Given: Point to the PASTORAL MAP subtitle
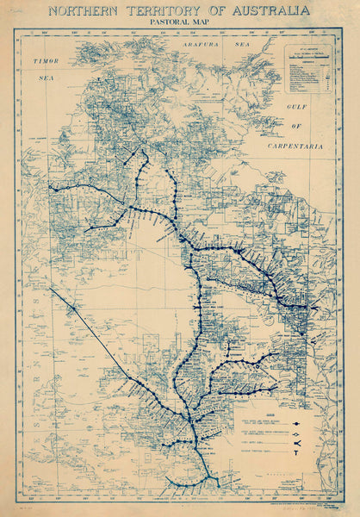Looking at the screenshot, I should pyautogui.click(x=179, y=26).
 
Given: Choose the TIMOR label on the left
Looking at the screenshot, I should pyautogui.click(x=46, y=62).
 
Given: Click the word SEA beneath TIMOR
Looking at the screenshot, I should pyautogui.click(x=44, y=77).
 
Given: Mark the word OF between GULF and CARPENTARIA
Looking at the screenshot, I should pyautogui.click(x=301, y=128).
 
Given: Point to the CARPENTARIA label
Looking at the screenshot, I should pyautogui.click(x=296, y=146).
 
